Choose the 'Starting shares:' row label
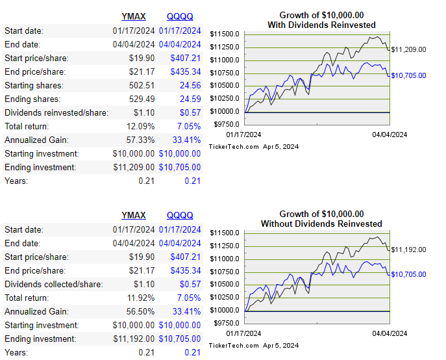[34, 85]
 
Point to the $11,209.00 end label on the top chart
[408, 49]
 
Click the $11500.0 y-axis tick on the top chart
[225, 34]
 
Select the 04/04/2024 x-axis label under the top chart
[388, 135]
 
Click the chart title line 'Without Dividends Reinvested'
[321, 224]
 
